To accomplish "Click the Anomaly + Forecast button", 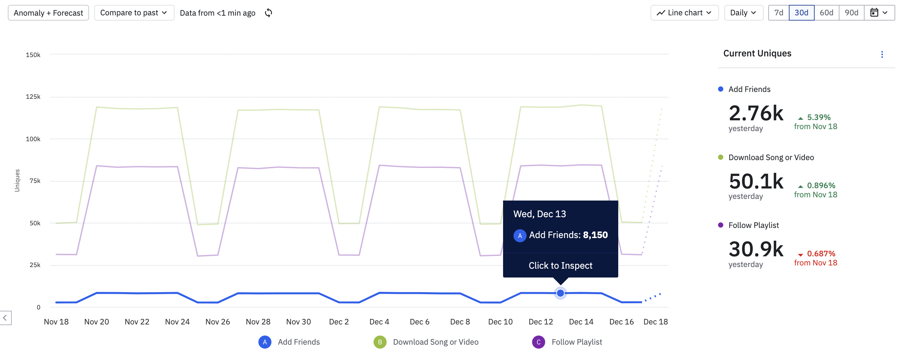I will pos(48,13).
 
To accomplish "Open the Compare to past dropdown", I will pos(134,13).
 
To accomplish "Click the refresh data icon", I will pos(268,13).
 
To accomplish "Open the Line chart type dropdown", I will pos(684,13).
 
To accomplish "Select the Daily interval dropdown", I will pos(743,13).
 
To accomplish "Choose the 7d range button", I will pos(778,13).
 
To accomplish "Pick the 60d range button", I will pos(826,13).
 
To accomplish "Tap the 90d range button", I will pos(851,13).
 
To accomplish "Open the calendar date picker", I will pos(879,13).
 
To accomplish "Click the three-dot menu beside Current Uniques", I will pos(882,54).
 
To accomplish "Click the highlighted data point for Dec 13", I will pos(560,293).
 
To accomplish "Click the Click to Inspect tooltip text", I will pos(560,265).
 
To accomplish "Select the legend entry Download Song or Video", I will pos(435,342).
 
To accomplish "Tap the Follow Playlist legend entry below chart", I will pos(576,342).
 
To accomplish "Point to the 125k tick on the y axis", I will pos(33,97).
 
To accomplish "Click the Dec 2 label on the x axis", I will pos(339,322).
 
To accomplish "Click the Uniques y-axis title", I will pos(17,181).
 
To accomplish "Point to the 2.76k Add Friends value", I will pos(756,113).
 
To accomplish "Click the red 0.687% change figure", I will pos(821,254).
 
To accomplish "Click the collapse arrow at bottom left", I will pos(5,318).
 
